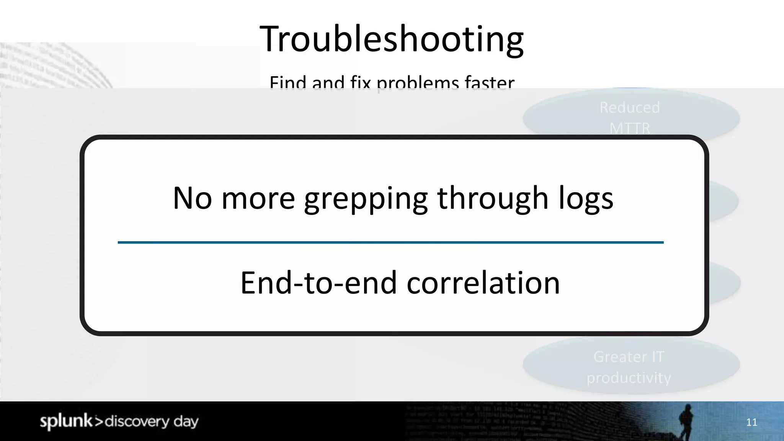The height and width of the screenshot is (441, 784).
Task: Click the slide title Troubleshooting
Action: [392, 39]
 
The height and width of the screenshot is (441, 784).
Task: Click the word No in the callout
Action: [192, 198]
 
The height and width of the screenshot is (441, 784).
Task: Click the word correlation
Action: [483, 283]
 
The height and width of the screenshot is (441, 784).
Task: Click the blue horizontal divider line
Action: [390, 242]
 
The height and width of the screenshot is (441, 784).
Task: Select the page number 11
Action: [751, 422]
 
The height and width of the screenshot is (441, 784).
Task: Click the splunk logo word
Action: [66, 421]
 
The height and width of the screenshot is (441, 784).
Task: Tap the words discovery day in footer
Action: [152, 421]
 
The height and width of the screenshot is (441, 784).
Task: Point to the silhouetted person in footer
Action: [686, 421]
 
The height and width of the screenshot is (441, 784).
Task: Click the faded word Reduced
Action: [630, 108]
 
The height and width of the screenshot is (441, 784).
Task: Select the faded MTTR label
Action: [630, 127]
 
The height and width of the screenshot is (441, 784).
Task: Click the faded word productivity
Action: [629, 378]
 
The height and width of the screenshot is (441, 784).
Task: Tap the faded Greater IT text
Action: [629, 357]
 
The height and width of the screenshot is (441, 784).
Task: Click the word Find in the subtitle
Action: [288, 82]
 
